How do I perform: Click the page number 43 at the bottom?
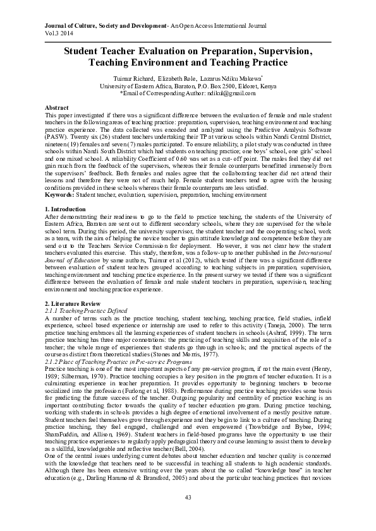point(188,516)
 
